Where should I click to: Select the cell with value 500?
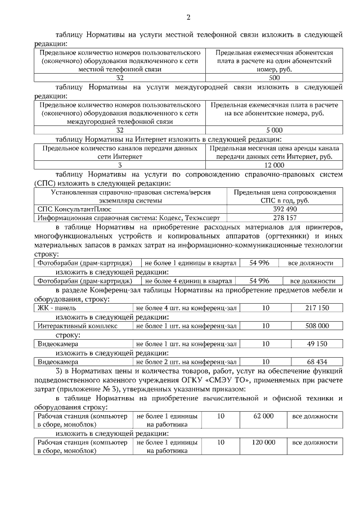(274, 78)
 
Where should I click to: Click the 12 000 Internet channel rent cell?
(274, 165)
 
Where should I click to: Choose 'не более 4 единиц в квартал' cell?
(188, 281)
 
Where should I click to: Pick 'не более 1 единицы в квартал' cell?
(188, 263)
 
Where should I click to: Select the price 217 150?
(317, 308)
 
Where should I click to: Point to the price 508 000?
(317, 326)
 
